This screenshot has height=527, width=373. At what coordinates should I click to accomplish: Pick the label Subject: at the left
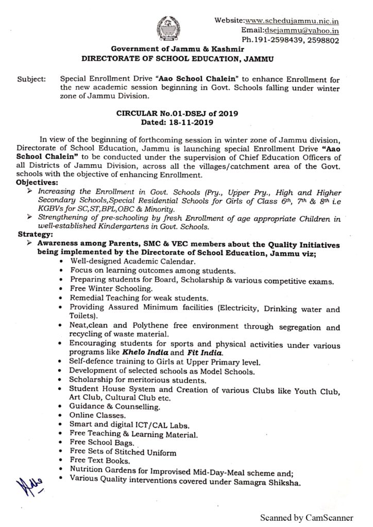tap(31, 80)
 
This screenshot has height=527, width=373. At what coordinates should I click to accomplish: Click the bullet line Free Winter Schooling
tap(105, 289)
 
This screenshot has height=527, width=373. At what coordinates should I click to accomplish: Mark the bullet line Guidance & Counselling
tap(108, 406)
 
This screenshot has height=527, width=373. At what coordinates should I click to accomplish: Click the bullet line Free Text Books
tap(100, 461)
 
